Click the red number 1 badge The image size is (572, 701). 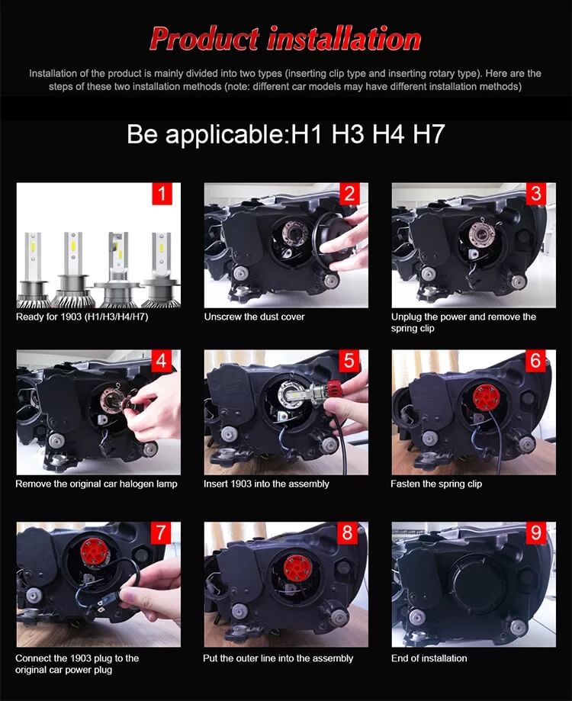click(x=162, y=194)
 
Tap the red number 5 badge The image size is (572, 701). click(x=349, y=361)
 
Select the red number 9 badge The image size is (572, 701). click(x=536, y=533)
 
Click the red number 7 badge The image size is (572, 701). click(x=161, y=533)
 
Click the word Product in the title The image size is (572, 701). click(x=204, y=38)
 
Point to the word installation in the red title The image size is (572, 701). click(x=344, y=38)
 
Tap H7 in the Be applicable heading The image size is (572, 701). click(x=429, y=133)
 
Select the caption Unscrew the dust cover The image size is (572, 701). click(x=254, y=317)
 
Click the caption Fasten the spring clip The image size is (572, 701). click(x=436, y=484)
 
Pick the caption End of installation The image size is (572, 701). click(x=429, y=658)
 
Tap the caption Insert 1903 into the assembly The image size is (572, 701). click(x=266, y=484)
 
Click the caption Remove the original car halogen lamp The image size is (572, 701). click(x=96, y=484)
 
